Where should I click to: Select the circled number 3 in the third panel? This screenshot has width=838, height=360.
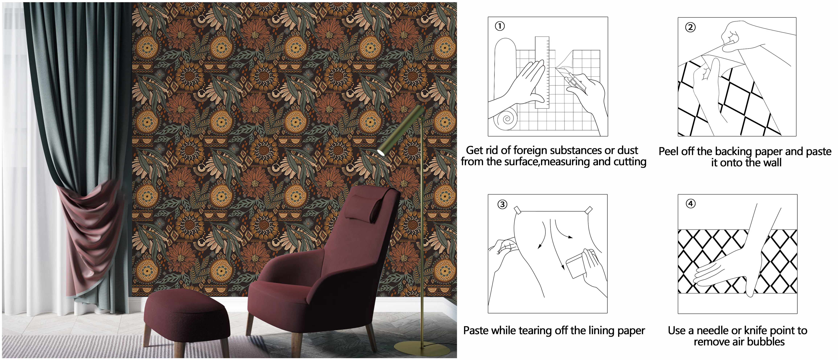click(502, 204)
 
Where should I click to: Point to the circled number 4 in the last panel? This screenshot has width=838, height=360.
click(690, 204)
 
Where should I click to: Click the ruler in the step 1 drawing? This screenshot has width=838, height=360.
click(542, 72)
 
